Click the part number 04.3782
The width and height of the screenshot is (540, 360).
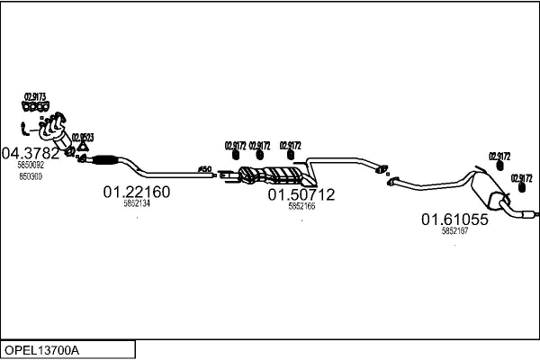click(x=31, y=153)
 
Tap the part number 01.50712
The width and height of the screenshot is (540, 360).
click(x=301, y=194)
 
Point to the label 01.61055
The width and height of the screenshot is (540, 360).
click(x=454, y=219)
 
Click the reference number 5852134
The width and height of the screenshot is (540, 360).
click(x=137, y=204)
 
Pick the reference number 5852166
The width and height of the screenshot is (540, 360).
click(x=301, y=206)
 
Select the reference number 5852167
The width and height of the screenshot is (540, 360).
click(x=454, y=231)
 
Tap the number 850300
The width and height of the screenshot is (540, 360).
click(x=30, y=175)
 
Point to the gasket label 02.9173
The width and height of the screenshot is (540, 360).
click(x=35, y=96)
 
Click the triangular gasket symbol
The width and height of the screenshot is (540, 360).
click(x=82, y=148)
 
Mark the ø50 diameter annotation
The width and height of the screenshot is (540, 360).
click(x=203, y=168)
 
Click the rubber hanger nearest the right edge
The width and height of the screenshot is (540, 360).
click(x=521, y=190)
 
